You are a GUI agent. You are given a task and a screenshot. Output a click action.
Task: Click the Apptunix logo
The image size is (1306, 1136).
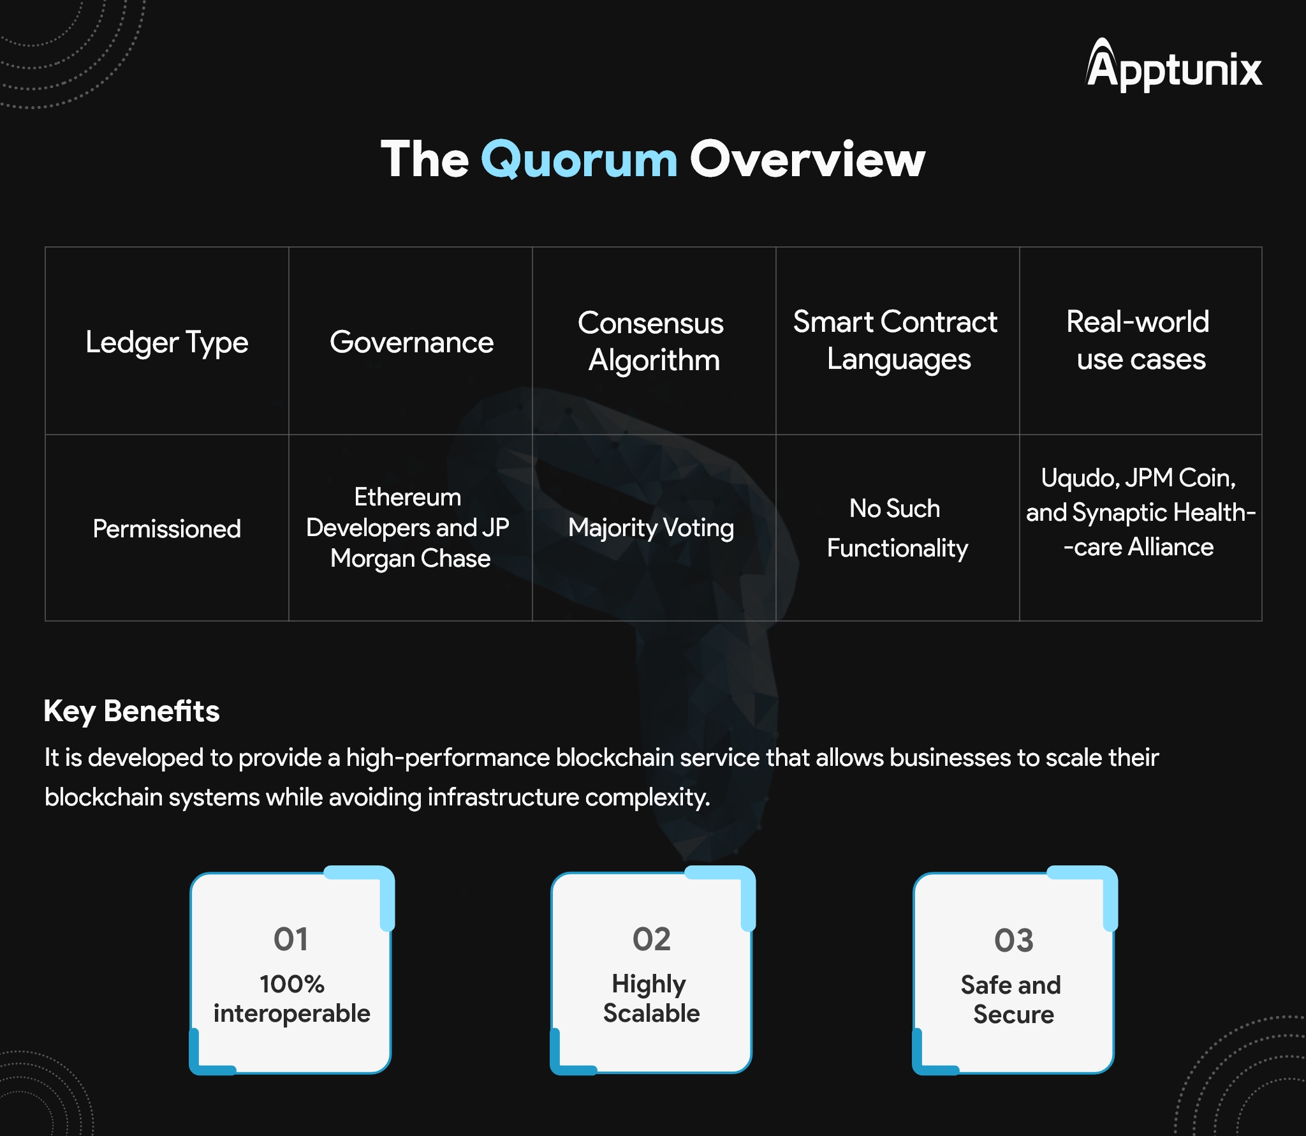tap(1174, 65)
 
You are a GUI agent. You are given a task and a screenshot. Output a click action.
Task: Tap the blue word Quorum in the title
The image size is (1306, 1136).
tap(579, 160)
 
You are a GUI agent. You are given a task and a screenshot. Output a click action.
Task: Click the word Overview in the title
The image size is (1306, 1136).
tap(807, 159)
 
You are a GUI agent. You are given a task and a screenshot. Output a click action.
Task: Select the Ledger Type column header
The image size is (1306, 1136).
tap(167, 343)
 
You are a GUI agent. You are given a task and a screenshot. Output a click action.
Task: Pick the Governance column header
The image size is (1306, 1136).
tap(411, 342)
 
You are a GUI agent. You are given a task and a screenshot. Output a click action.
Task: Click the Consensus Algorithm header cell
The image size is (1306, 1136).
tap(651, 341)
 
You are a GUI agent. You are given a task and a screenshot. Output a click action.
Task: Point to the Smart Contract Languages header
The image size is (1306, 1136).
tap(895, 340)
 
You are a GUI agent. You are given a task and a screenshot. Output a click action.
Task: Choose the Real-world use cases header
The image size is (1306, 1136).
tap(1140, 340)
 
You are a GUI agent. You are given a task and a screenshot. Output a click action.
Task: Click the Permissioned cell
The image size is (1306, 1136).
tap(167, 529)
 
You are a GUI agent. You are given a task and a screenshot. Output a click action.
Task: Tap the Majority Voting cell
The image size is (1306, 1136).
tap(651, 528)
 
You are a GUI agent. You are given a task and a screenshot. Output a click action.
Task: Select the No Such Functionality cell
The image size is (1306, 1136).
tap(897, 528)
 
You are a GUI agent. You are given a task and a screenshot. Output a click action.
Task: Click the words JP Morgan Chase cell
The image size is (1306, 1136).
tap(411, 543)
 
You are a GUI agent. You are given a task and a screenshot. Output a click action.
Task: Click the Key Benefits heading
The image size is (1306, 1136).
tap(131, 711)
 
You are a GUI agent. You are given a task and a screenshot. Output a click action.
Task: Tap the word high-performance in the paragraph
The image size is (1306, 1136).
tap(448, 758)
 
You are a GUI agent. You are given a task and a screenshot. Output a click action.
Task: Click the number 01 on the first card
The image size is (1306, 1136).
tap(291, 939)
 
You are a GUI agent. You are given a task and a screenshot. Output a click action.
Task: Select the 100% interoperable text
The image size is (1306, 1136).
tap(291, 999)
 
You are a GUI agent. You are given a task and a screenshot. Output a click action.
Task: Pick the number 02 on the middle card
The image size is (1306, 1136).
tap(652, 939)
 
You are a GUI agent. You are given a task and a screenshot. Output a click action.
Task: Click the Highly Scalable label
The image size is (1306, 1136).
tap(651, 999)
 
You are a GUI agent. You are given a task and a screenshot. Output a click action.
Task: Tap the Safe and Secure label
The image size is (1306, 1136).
tap(1013, 999)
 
